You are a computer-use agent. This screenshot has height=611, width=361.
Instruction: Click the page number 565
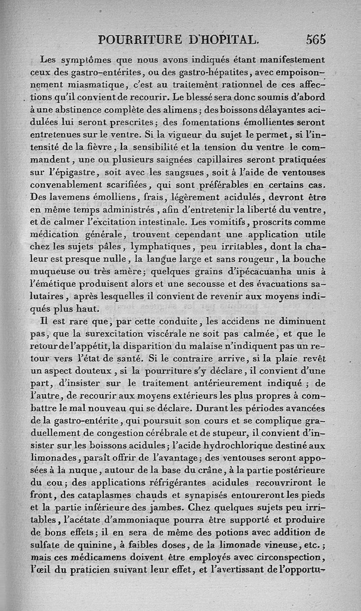tap(315, 39)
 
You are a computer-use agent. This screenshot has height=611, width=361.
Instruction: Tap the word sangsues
tap(182, 172)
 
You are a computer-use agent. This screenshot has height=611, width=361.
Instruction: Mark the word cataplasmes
tap(92, 495)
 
